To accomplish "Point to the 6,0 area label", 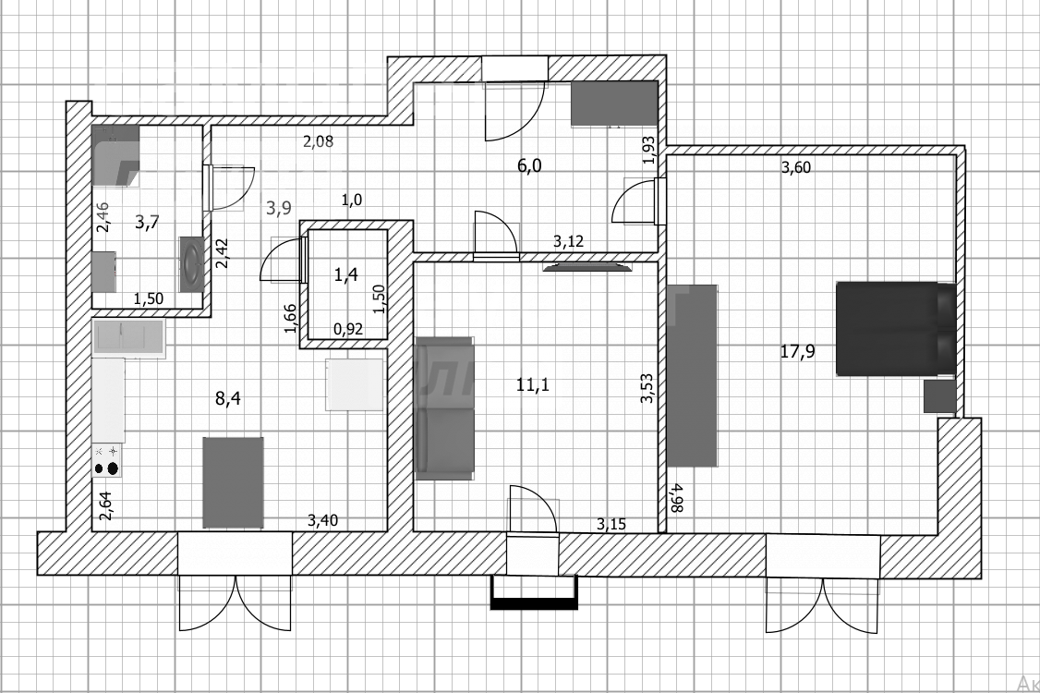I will pos(528,166).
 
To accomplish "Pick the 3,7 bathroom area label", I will pos(147,223).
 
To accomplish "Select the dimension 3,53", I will pos(647,388).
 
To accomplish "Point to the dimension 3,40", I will pos(322,521).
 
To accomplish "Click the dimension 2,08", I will pos(318,141).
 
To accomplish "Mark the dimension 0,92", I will pos(347,327).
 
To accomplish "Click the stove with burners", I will pos(107,460).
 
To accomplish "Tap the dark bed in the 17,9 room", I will pos(895,329).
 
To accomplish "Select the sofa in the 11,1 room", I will pos(444,407).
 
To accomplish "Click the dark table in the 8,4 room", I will pos(233,481).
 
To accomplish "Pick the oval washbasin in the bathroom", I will pos(191,266).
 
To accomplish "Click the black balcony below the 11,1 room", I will pos(534,594).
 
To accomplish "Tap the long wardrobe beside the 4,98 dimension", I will pos(692,374).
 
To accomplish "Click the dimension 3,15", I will pos(611,524).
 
